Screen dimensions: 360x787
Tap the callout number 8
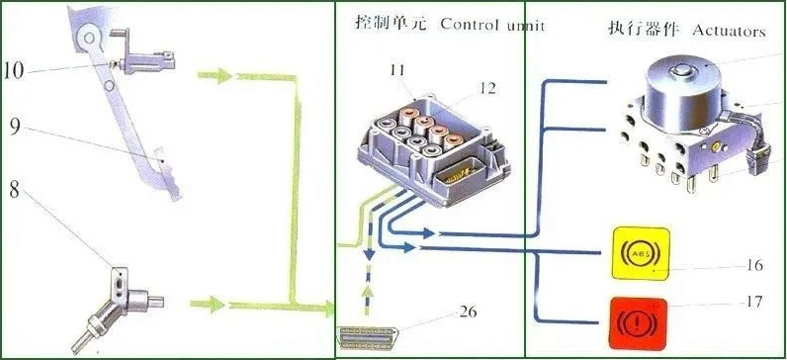tap(15, 189)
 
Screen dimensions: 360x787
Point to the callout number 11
tap(398, 70)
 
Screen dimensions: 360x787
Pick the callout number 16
tap(755, 266)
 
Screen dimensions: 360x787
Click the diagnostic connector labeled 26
tap(368, 336)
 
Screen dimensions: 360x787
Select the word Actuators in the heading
tap(729, 31)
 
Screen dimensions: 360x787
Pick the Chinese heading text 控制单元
tap(391, 22)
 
